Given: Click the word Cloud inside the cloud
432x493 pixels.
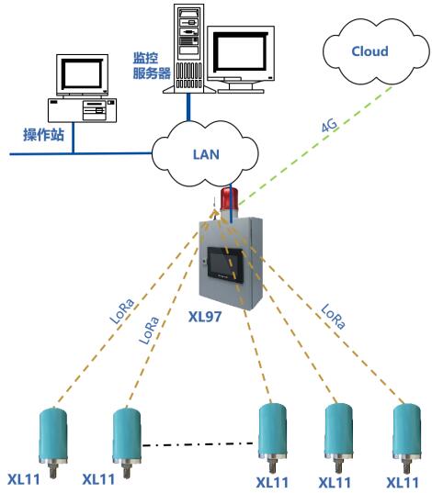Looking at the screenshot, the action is (x=369, y=51).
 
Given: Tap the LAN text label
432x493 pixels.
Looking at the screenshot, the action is (x=206, y=154).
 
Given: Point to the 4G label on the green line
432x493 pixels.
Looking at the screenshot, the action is (x=329, y=125).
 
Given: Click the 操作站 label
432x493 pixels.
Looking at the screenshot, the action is (x=43, y=135).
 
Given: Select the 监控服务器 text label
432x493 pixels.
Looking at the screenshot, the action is (x=152, y=65).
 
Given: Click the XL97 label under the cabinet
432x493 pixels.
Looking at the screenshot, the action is (x=205, y=317).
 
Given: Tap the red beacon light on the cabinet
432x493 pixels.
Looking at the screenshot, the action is (x=229, y=199).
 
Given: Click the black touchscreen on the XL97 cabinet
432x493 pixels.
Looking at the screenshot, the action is (x=225, y=264).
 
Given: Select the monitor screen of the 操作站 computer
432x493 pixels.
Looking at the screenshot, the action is (x=82, y=74).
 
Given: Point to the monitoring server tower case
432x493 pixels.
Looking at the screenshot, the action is (x=188, y=48).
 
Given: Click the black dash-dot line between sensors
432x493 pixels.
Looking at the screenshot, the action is (x=198, y=444).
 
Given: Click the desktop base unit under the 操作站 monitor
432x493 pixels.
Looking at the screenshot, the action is (x=82, y=110).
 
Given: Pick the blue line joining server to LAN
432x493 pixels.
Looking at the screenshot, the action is (x=188, y=106).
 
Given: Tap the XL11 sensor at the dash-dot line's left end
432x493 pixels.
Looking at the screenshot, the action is (x=127, y=443).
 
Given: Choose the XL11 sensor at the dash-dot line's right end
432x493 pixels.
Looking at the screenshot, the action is (x=273, y=438).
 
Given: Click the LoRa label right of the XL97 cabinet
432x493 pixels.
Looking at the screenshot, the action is (x=333, y=317).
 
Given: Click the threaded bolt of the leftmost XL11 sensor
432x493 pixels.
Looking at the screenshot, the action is (x=53, y=470).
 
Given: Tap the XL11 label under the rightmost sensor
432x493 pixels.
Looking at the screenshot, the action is (x=403, y=483).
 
